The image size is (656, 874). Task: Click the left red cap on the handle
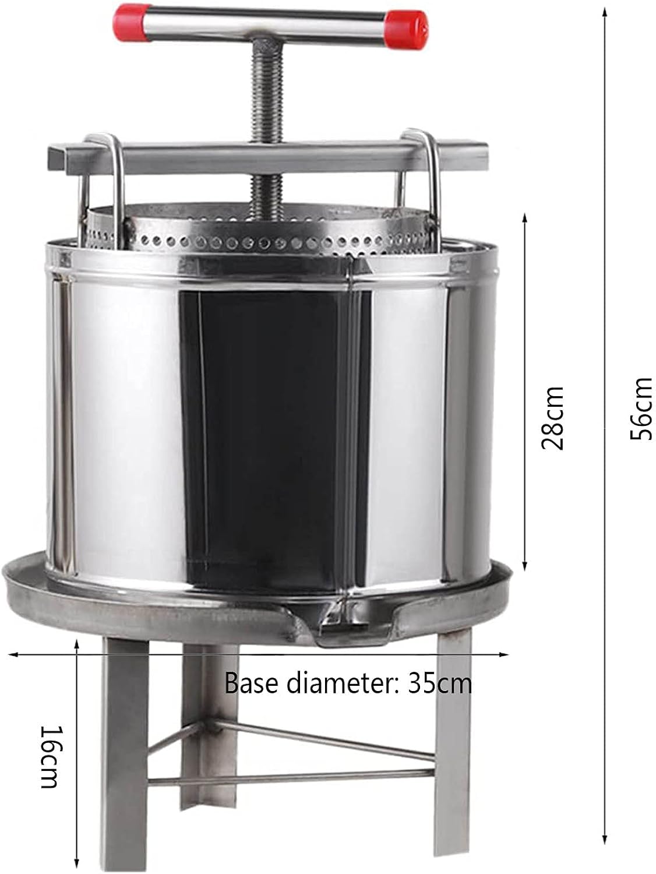click(x=133, y=23)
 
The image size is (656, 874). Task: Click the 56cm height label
click(x=641, y=408)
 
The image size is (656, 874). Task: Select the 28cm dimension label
click(x=552, y=418)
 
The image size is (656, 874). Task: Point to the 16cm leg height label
click(x=52, y=756)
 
